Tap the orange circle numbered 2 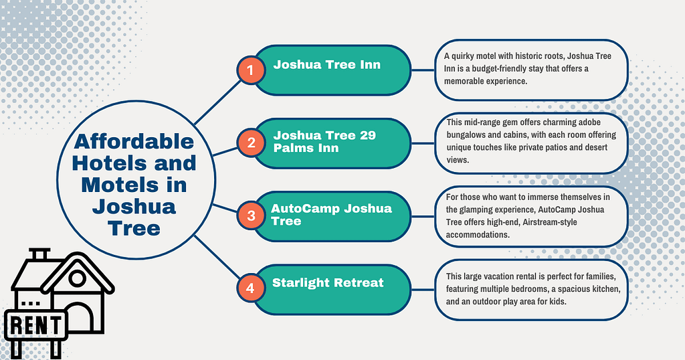[251, 142]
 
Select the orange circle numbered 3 [251, 215]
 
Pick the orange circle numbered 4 [251, 288]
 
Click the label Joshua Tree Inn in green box [326, 65]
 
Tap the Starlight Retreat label [328, 283]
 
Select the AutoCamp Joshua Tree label [331, 214]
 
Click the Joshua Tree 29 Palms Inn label [324, 141]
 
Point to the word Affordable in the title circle [134, 142]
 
